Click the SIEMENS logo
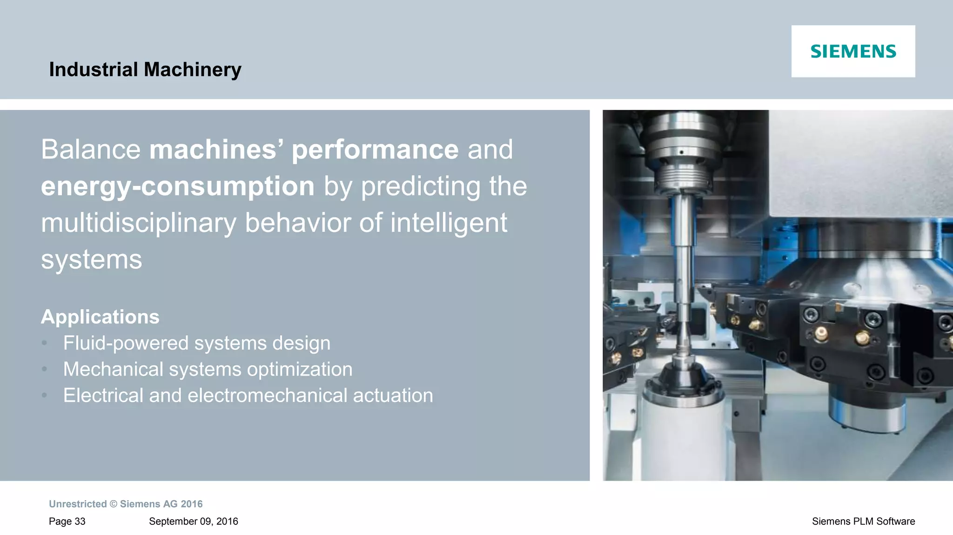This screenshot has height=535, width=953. click(x=853, y=51)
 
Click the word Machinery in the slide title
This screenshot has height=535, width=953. click(x=193, y=70)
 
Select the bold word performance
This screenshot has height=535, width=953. click(x=375, y=150)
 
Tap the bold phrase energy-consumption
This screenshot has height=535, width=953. click(x=178, y=186)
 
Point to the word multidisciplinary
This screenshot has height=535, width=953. click(x=139, y=223)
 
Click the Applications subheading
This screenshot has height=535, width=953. click(x=100, y=317)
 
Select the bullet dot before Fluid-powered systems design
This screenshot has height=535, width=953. click(x=45, y=343)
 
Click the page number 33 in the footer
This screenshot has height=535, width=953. click(x=80, y=522)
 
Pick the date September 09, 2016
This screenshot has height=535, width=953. click(x=193, y=522)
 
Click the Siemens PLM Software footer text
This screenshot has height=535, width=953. click(x=863, y=522)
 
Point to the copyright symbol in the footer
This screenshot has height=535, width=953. click(x=114, y=504)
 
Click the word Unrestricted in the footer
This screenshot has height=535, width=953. click(x=78, y=504)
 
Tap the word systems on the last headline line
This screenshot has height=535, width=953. click(x=91, y=259)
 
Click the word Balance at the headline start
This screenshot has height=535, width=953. click(x=91, y=150)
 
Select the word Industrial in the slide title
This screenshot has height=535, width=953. click(x=94, y=70)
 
